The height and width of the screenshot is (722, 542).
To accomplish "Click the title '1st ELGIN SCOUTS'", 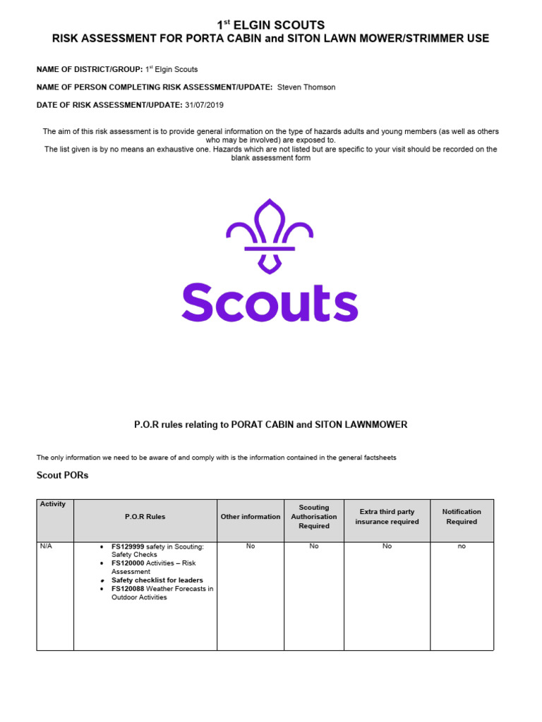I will tap(270, 25).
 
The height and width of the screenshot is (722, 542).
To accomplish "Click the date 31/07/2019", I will tap(204, 105).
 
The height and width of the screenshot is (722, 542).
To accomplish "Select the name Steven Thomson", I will tap(306, 87).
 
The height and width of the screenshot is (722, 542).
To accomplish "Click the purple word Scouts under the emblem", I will tap(270, 302).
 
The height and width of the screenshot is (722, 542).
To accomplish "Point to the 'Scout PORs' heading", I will tap(62, 475).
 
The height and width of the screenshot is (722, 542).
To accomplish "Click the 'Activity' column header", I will tap(53, 504).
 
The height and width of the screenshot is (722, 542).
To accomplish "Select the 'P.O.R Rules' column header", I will tap(145, 517).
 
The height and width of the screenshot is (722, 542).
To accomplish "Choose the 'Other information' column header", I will tap(250, 517).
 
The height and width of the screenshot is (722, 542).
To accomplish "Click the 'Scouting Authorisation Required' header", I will tap(313, 517).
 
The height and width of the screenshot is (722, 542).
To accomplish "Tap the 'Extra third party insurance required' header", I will tap(387, 517).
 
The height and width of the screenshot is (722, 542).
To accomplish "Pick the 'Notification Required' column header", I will tap(462, 517).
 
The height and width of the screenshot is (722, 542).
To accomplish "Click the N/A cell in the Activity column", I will tap(46, 546).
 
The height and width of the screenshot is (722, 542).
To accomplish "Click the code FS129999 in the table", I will tap(128, 546).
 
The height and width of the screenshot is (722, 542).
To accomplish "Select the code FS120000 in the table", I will tap(128, 563).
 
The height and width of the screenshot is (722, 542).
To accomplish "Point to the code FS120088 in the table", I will tap(128, 589).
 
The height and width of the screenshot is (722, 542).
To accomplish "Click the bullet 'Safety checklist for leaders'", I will tap(157, 580).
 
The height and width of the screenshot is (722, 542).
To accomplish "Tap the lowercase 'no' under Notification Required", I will tap(462, 546).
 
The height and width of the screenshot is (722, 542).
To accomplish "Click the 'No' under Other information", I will tap(250, 546).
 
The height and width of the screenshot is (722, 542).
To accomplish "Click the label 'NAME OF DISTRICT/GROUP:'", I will tap(90, 70).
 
